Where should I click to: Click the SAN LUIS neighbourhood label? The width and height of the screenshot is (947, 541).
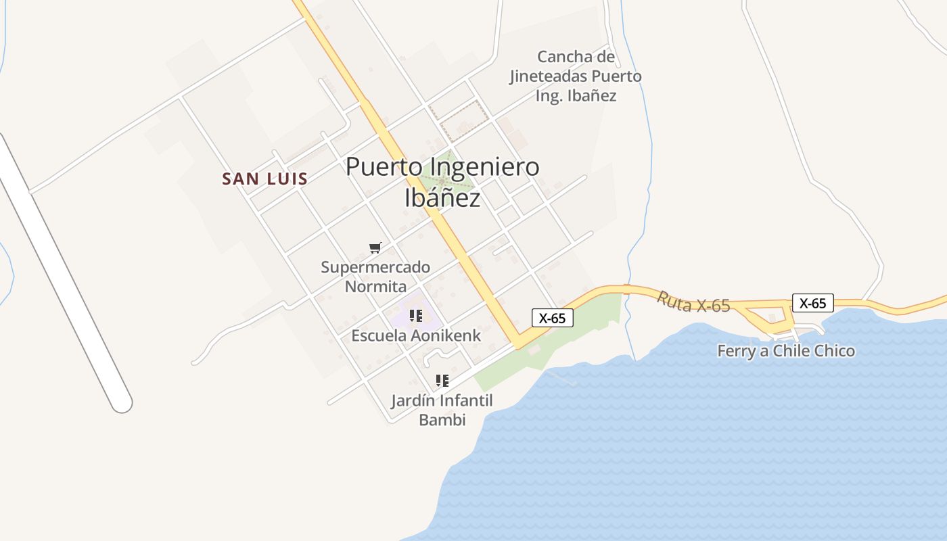click(x=265, y=179)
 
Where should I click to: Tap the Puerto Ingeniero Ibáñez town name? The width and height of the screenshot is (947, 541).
click(x=442, y=182)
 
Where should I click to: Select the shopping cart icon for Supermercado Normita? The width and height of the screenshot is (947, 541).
click(x=375, y=248)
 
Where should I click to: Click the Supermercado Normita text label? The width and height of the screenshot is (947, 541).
click(x=375, y=277)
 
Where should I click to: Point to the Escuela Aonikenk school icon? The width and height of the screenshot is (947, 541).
click(x=416, y=315)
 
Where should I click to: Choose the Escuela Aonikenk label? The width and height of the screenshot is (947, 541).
click(x=416, y=335)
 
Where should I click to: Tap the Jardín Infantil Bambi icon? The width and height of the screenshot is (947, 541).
click(x=442, y=380)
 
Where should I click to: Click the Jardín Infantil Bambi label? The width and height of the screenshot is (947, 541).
click(x=442, y=410)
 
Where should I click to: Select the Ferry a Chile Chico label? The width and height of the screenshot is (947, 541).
click(x=786, y=351)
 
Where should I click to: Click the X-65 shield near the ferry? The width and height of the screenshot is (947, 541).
click(x=812, y=303)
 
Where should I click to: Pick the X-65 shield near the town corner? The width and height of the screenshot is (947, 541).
click(x=553, y=318)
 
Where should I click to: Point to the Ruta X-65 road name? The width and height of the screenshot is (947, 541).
click(x=693, y=302)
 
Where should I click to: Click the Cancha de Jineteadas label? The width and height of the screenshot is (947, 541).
click(x=576, y=76)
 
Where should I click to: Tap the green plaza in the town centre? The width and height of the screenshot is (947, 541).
click(x=443, y=177)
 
